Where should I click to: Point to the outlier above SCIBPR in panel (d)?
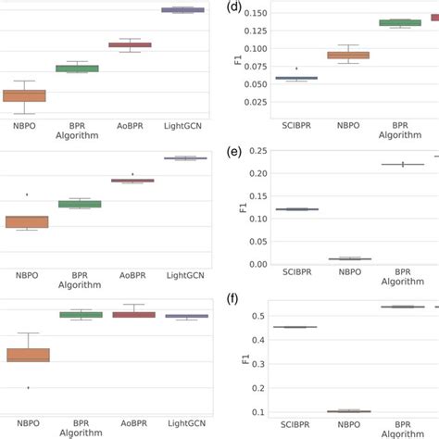click(x=297, y=69)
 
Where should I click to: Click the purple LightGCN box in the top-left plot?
click(x=183, y=9)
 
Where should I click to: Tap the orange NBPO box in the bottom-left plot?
click(x=28, y=354)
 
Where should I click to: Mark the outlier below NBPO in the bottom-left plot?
click(x=28, y=387)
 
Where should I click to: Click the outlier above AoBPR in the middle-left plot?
click(x=132, y=173)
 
